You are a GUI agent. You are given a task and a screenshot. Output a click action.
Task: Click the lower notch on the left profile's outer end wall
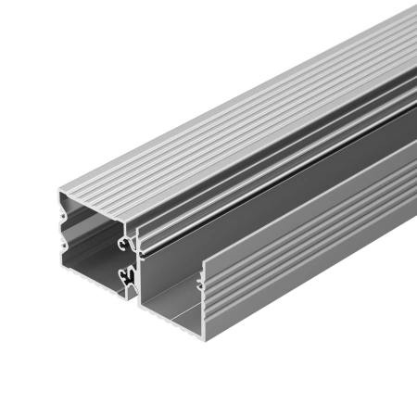click(61, 248)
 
